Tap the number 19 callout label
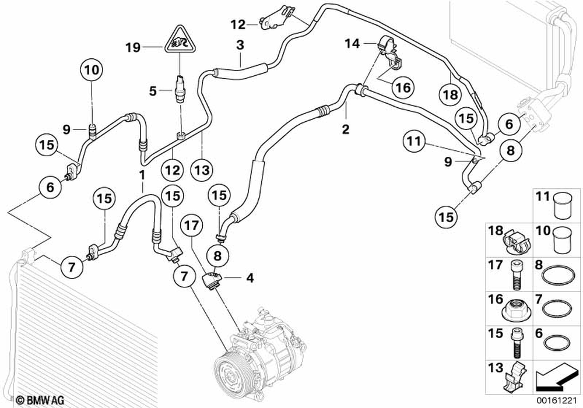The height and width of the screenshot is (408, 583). [133, 47]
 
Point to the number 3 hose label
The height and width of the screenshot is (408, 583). [240, 45]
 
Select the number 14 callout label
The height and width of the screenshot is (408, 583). [353, 43]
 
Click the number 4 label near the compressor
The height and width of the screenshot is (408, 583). [250, 278]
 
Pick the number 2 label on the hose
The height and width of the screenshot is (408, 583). [346, 129]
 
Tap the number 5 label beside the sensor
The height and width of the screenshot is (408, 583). [153, 91]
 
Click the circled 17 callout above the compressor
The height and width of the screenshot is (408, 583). [192, 225]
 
